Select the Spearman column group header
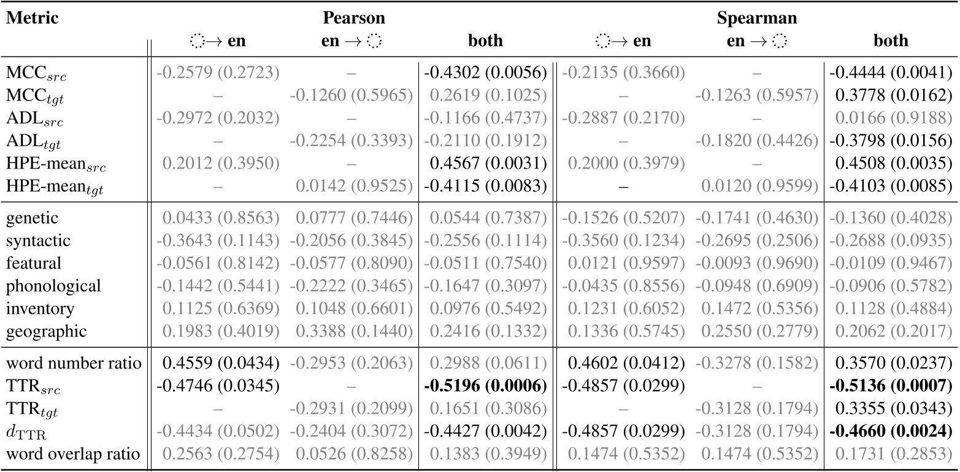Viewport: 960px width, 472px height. click(x=757, y=18)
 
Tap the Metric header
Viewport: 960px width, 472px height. click(x=33, y=18)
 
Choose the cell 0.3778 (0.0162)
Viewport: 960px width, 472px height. click(x=891, y=96)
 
